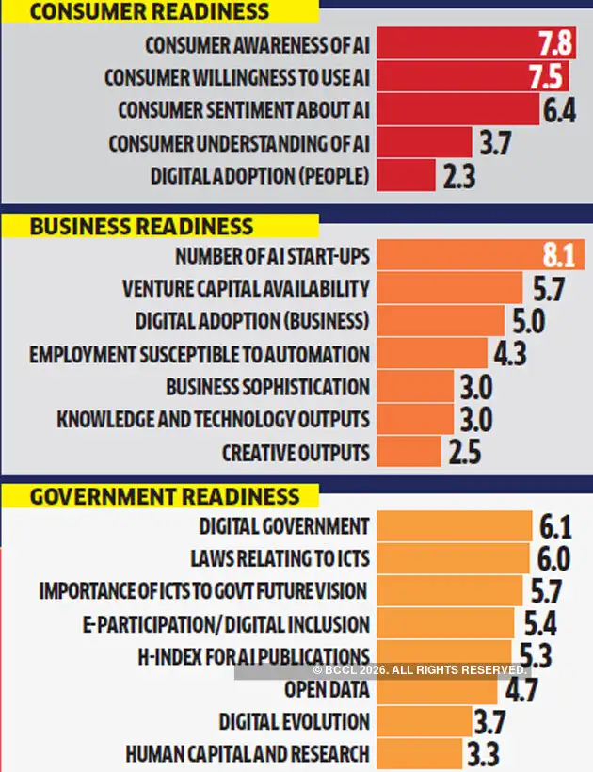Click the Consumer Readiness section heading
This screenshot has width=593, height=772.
click(x=150, y=11)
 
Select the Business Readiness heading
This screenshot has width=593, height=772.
click(x=141, y=227)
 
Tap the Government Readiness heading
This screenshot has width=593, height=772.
click(x=165, y=496)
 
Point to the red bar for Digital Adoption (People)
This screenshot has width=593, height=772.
click(x=406, y=176)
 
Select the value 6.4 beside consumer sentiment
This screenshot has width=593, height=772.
click(x=559, y=111)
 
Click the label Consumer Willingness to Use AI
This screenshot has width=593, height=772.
click(x=236, y=77)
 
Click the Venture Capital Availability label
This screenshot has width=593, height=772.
click(x=246, y=288)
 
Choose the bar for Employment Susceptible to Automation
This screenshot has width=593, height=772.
click(x=431, y=354)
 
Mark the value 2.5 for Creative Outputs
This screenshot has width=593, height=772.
click(x=465, y=453)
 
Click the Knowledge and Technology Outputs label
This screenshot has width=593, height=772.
click(x=213, y=420)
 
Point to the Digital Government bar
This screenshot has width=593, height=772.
click(x=453, y=525)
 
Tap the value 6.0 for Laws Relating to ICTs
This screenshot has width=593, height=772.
click(x=554, y=558)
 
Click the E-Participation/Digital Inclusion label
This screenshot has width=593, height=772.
click(x=226, y=624)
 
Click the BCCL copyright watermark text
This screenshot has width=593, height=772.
click(x=420, y=669)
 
